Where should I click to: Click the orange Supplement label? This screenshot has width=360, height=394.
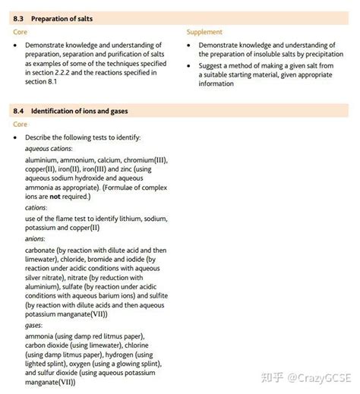pos(204,32)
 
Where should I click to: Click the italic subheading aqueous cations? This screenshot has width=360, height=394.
pos(46,149)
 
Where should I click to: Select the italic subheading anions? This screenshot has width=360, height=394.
pos(36,238)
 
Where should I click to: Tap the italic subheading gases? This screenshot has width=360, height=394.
pos(34,325)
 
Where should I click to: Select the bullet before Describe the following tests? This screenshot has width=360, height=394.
pos(16,137)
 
